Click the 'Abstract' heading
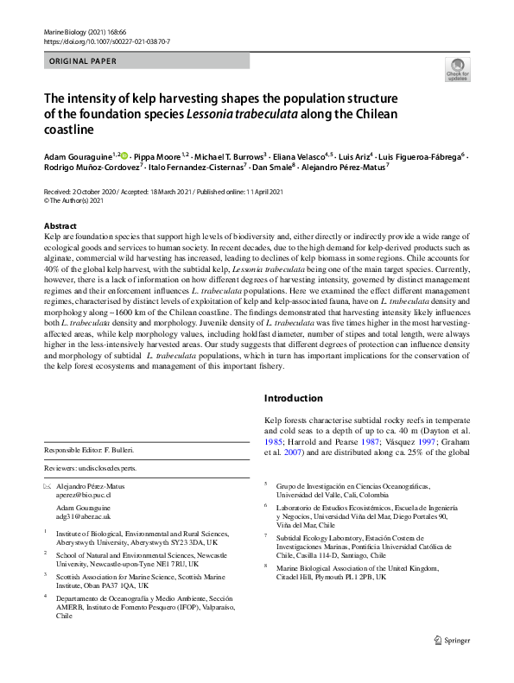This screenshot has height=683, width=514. click(x=59, y=225)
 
